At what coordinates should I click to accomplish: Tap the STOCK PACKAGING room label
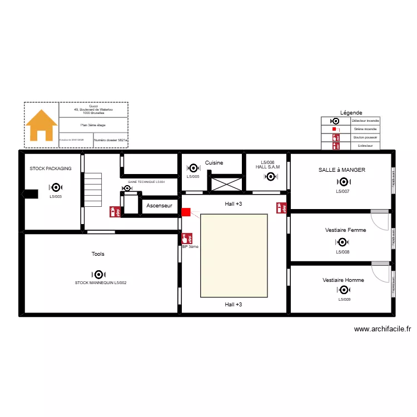tap(51, 168)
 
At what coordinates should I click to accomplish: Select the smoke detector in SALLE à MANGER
tap(343, 181)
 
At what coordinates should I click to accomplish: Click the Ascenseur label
tap(159, 206)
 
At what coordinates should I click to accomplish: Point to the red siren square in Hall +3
tap(186, 211)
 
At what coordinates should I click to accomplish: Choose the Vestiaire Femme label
tap(345, 230)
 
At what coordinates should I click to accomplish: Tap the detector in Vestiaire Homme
tap(343, 290)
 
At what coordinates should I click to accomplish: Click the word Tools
tap(98, 254)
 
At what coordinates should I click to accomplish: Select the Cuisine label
tap(214, 162)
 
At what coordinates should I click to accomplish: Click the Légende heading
tap(351, 112)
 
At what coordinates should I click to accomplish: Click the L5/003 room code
tap(56, 196)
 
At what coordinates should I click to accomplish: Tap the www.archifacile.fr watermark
tap(382, 329)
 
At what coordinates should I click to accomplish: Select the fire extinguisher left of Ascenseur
tap(113, 212)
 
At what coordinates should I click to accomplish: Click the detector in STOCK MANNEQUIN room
tap(98, 274)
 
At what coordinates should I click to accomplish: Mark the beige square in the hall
tap(234, 256)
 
